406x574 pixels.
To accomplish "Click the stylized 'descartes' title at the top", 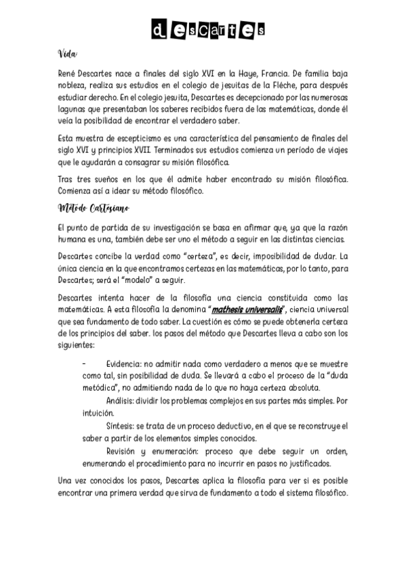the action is click(208, 30).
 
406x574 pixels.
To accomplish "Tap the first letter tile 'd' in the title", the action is click(158, 30).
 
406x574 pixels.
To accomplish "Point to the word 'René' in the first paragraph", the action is click(70, 73).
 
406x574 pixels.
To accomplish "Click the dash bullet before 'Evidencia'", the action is click(84, 363).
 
